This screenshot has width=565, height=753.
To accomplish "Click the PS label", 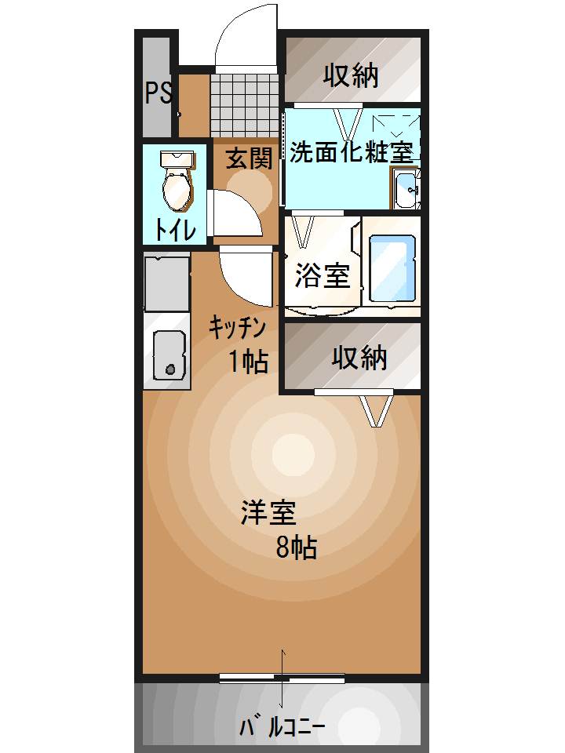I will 158,93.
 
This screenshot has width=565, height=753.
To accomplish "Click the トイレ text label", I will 175,230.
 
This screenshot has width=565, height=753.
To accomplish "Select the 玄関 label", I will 249,159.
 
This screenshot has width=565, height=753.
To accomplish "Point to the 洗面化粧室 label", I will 352,151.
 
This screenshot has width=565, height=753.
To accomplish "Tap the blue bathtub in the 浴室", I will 389,269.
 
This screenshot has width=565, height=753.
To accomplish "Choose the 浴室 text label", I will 322,275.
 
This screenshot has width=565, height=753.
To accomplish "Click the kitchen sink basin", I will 168,355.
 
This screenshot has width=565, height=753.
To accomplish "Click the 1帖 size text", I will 249,362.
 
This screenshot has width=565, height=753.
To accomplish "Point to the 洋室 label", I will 268,513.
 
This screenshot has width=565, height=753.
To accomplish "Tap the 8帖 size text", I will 296,548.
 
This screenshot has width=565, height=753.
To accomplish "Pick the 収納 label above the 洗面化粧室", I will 352,75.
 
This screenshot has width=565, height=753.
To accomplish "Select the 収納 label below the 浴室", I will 359,358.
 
